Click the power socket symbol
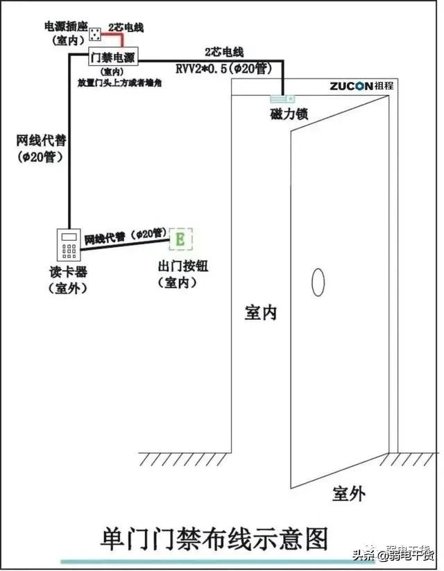[x=96, y=31]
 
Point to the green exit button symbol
[x=180, y=239]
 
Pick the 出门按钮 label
[x=183, y=267]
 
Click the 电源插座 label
[x=65, y=26]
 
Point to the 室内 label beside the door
[x=261, y=312]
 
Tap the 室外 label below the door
[x=348, y=493]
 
